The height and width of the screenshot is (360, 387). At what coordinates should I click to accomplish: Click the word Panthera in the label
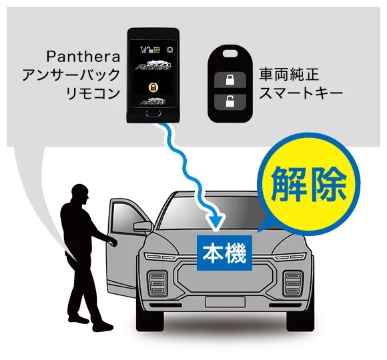pos(83,57)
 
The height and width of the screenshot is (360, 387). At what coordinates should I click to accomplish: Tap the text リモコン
pos(93,93)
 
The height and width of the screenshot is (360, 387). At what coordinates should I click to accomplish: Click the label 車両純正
pos(289,75)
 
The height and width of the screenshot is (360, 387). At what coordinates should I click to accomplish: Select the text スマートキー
pos(301,93)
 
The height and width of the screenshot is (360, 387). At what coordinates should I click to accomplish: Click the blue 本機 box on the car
pos(224,253)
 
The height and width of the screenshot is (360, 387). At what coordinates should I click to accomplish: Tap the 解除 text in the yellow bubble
pos(309,184)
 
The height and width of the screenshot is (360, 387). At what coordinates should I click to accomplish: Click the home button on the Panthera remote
pos(153,113)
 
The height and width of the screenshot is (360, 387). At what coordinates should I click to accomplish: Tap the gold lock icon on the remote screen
pos(153,87)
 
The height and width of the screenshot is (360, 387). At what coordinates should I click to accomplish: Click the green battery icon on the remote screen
pos(157,50)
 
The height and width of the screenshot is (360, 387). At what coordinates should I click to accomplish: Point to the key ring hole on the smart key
pos(230,53)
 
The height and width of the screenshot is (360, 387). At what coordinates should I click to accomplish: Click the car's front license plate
pos(225,302)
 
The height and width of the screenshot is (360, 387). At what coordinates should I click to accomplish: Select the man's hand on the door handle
pos(113,243)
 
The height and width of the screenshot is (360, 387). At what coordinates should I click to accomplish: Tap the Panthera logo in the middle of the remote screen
pos(153,65)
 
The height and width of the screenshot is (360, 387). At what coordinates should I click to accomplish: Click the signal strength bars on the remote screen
pos(143,50)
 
